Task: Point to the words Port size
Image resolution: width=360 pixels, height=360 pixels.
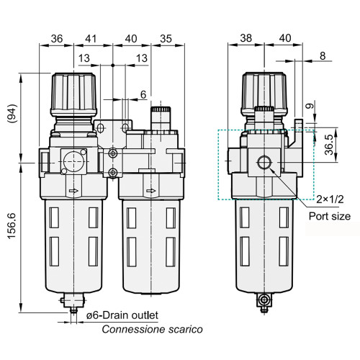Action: coord(330,215)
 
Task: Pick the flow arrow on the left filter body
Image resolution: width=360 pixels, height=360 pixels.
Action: coord(73,192)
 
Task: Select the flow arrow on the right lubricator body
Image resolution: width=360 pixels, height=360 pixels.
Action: coord(150,192)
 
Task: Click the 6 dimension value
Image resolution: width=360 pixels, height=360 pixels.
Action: coord(143,94)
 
